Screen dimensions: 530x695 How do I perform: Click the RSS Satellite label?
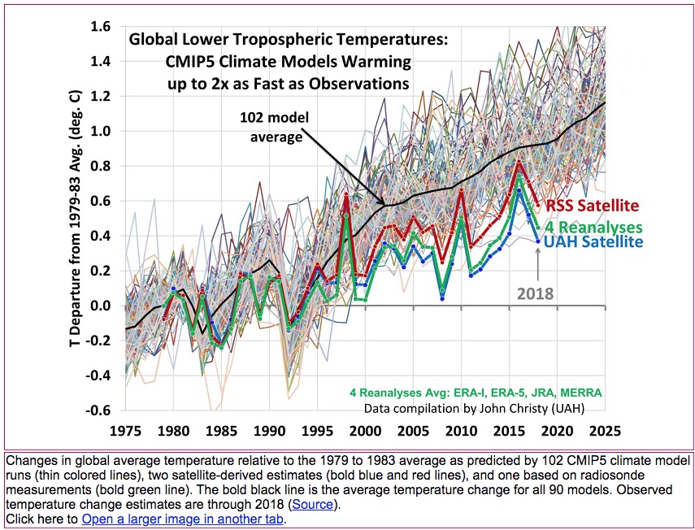coord(593,206)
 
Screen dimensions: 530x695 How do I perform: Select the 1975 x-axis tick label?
coord(124,427)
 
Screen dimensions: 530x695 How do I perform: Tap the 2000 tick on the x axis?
coord(365,427)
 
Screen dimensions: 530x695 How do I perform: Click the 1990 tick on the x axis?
coord(269,427)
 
